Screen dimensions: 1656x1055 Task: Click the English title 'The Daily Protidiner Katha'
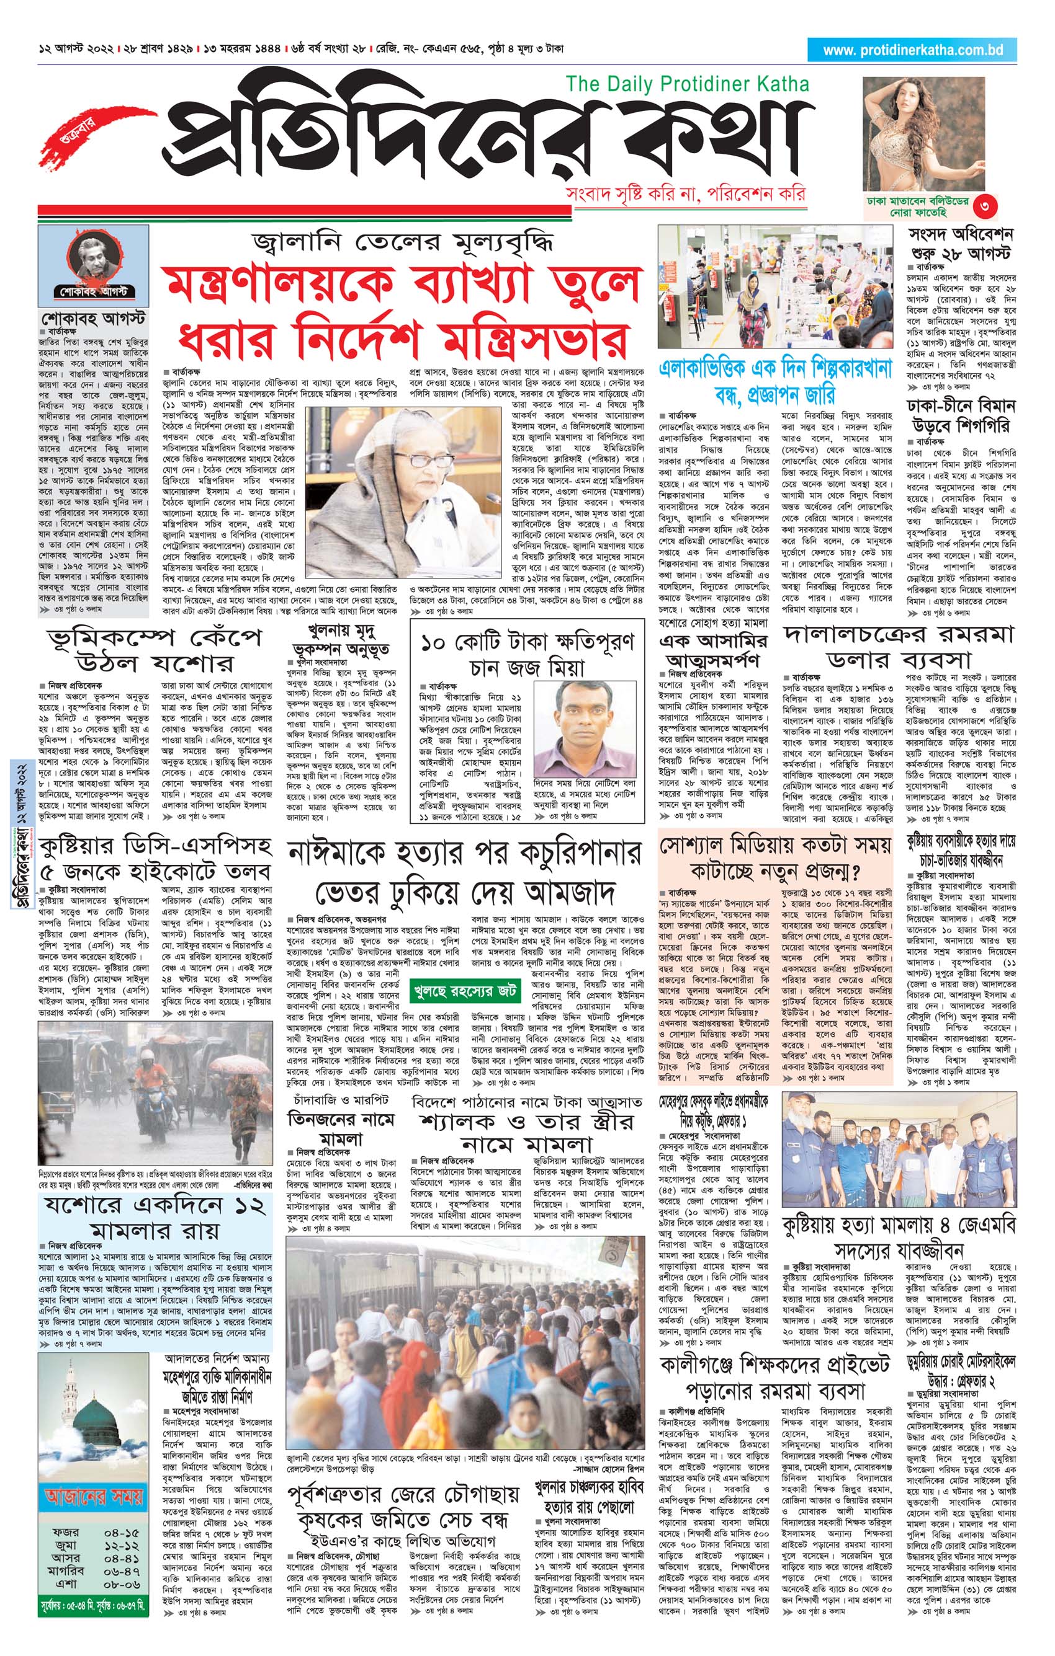click(x=687, y=84)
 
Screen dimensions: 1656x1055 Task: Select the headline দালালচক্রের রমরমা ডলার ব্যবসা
click(x=899, y=647)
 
